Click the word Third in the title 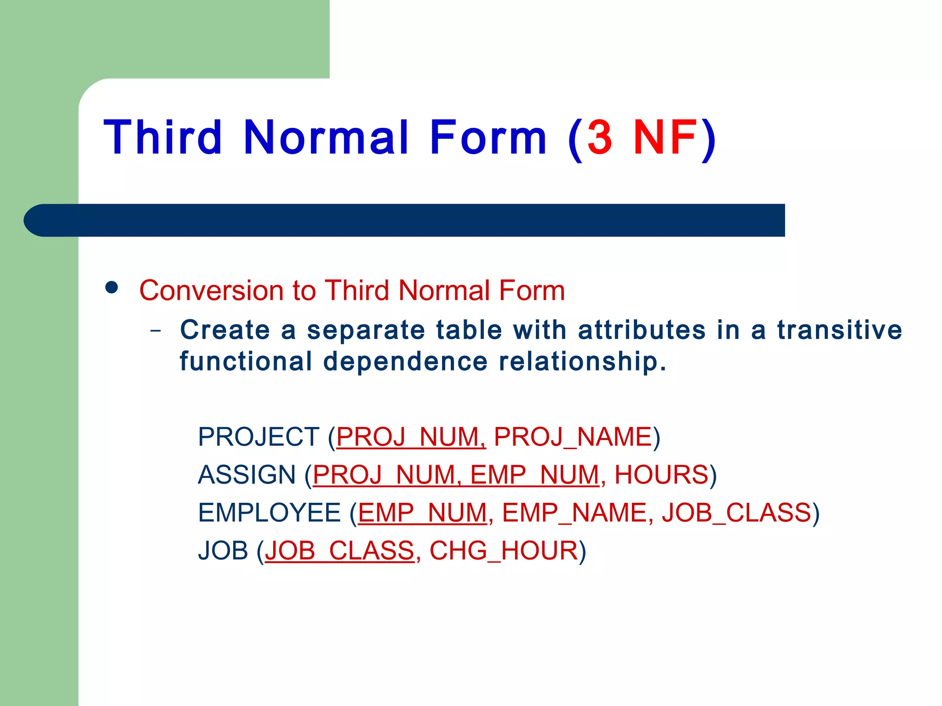tap(163, 137)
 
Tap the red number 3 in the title tap(600, 137)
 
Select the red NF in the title tap(665, 137)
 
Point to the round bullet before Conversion tap(112, 288)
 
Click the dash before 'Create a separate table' tap(156, 330)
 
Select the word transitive tap(839, 330)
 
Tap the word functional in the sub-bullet tap(246, 361)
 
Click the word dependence tap(405, 361)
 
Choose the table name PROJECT tap(258, 437)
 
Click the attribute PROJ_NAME tap(573, 437)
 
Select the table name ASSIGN tap(247, 475)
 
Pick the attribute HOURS tap(661, 475)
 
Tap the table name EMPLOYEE tap(269, 513)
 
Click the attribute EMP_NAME tap(574, 513)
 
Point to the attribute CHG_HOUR tap(504, 551)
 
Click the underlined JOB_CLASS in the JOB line tap(339, 551)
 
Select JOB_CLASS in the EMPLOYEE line tap(736, 513)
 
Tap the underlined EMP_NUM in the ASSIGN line tap(534, 475)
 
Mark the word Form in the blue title tap(488, 137)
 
